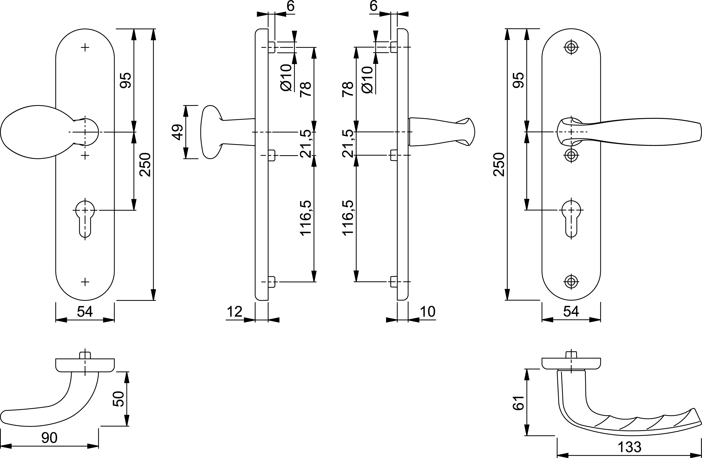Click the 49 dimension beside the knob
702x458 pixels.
point(177,132)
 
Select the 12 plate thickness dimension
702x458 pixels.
point(234,312)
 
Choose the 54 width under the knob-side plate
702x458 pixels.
point(85,312)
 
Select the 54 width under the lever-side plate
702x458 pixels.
point(571,312)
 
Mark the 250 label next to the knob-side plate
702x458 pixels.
point(145,164)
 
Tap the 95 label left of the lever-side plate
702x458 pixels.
point(518,80)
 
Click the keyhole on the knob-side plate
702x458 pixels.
point(85,218)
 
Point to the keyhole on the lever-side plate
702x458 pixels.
point(571,218)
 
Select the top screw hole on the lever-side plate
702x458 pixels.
point(571,47)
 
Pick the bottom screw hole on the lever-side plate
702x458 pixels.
point(571,282)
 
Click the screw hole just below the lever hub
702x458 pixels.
point(571,155)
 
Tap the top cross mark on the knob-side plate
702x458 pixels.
point(85,47)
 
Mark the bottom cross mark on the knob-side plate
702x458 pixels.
point(85,282)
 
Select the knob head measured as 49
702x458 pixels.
point(210,132)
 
